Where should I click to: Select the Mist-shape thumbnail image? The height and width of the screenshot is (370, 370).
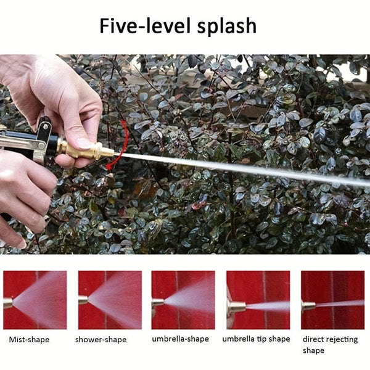[35, 300]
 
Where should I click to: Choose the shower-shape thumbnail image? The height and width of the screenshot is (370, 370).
[110, 300]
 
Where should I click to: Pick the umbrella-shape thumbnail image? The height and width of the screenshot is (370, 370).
[183, 300]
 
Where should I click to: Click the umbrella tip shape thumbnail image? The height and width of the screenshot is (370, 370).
[258, 300]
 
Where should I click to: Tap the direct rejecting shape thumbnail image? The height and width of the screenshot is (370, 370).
[332, 300]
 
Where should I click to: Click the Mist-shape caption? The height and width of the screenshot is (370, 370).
[29, 339]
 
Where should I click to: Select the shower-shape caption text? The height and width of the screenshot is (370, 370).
[101, 339]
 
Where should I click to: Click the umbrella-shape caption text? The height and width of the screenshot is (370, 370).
[180, 339]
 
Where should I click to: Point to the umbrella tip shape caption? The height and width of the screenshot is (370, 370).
[256, 339]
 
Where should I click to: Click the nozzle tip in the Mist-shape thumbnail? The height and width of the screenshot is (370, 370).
[7, 303]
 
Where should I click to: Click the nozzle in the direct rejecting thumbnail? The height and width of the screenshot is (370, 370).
[308, 305]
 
